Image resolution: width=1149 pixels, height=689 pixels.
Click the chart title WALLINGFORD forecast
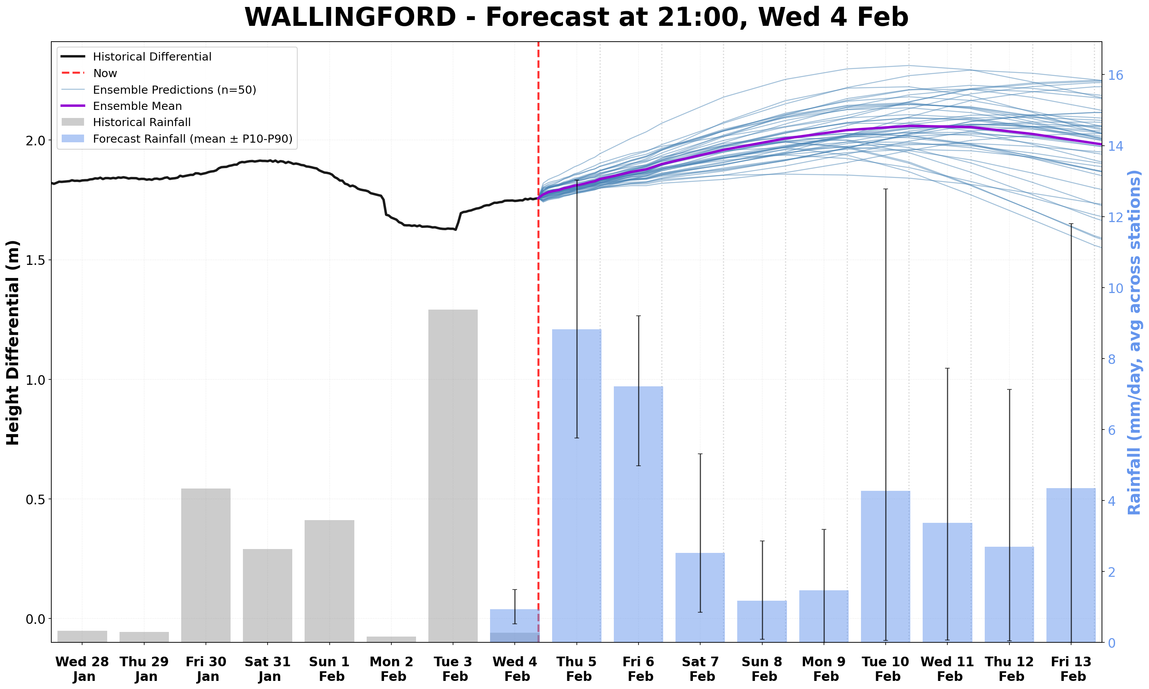coord(576,18)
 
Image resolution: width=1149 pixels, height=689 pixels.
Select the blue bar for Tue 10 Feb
coord(885,566)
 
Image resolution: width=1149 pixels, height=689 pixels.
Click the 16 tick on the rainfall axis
coord(1115,75)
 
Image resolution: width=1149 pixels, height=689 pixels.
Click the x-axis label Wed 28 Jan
coord(82,669)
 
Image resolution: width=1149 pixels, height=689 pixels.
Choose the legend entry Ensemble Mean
coord(137,106)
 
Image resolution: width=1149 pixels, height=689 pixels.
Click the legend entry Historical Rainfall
coord(142,123)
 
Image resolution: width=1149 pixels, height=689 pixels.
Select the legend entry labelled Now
coord(105,73)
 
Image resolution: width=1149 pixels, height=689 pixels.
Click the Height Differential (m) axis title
coord(13,343)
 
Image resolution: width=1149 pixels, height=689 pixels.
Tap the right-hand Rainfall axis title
coord(1134,343)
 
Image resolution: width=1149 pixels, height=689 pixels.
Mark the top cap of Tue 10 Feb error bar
coord(885,189)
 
